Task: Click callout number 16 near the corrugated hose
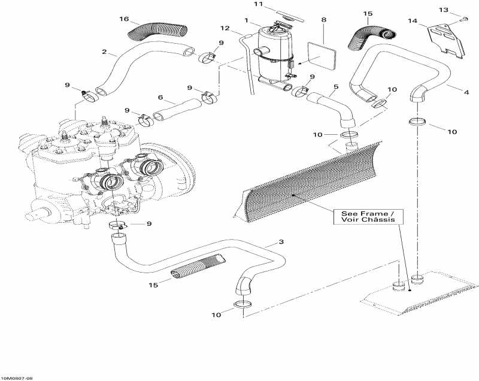(x=124, y=19)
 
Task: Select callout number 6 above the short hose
(x=160, y=97)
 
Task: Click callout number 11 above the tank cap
(x=259, y=4)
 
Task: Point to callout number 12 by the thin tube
(x=225, y=28)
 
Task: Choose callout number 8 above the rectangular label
(x=324, y=20)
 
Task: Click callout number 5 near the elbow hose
(x=336, y=87)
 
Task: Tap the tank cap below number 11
(x=277, y=27)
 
